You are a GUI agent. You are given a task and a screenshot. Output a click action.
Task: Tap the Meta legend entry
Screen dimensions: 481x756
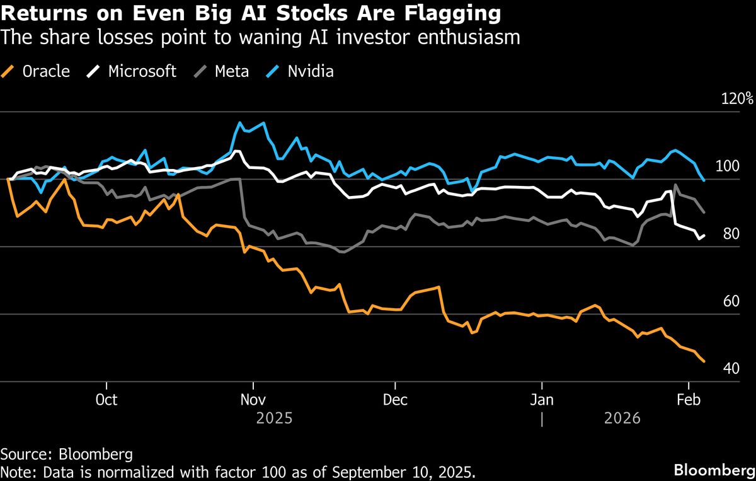[x=223, y=71]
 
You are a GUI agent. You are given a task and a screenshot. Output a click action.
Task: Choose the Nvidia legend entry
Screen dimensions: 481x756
[x=302, y=71]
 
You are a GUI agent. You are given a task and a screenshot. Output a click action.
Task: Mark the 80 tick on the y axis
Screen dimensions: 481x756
[x=730, y=234]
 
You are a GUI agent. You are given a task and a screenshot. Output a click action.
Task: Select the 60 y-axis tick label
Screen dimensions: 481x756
[x=730, y=301]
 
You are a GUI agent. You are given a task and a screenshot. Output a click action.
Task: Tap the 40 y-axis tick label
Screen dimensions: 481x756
[x=730, y=368]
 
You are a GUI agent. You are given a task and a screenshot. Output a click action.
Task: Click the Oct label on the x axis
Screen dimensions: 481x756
[x=107, y=400]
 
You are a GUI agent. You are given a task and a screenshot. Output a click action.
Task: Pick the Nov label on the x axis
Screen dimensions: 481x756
[x=253, y=400]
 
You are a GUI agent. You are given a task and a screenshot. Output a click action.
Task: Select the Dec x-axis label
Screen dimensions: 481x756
[x=394, y=400]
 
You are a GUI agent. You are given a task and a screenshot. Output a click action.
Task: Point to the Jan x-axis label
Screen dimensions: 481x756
[x=541, y=400]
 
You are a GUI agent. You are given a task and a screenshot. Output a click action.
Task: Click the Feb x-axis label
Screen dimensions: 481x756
[x=689, y=400]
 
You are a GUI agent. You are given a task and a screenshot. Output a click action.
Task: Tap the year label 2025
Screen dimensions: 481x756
[x=274, y=418]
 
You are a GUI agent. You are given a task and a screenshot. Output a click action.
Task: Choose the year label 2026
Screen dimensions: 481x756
[x=622, y=418]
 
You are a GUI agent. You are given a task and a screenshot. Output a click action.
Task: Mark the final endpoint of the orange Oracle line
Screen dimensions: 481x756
[x=704, y=361]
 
